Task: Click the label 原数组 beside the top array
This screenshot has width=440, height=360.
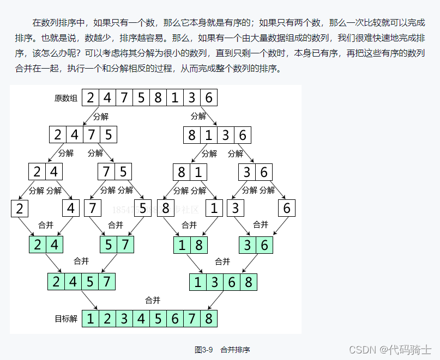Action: point(66,99)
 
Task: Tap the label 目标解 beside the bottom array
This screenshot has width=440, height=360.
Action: point(66,319)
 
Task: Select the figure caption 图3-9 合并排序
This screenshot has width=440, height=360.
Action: point(222,350)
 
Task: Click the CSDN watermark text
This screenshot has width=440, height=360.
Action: point(390,349)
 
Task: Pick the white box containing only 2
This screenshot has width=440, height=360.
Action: point(20,209)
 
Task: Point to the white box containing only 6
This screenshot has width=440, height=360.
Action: point(287,209)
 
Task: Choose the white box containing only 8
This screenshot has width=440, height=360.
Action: point(166,209)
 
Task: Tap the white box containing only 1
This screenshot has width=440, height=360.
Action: point(214,209)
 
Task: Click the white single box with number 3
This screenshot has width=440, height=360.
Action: point(236,209)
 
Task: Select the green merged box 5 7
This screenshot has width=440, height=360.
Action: point(117,245)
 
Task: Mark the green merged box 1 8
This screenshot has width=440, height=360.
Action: point(190,245)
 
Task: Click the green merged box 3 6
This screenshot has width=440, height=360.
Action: point(256,245)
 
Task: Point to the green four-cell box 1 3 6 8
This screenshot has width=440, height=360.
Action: point(223,282)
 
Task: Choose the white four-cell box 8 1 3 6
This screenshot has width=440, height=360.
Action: point(217,135)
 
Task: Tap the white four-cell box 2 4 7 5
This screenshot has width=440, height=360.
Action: point(83,135)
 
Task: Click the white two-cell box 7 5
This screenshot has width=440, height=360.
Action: point(115,172)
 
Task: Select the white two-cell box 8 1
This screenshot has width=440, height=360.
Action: point(190,172)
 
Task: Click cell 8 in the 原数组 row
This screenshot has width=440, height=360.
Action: point(158,98)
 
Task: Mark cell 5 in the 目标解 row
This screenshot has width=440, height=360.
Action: point(158,319)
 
